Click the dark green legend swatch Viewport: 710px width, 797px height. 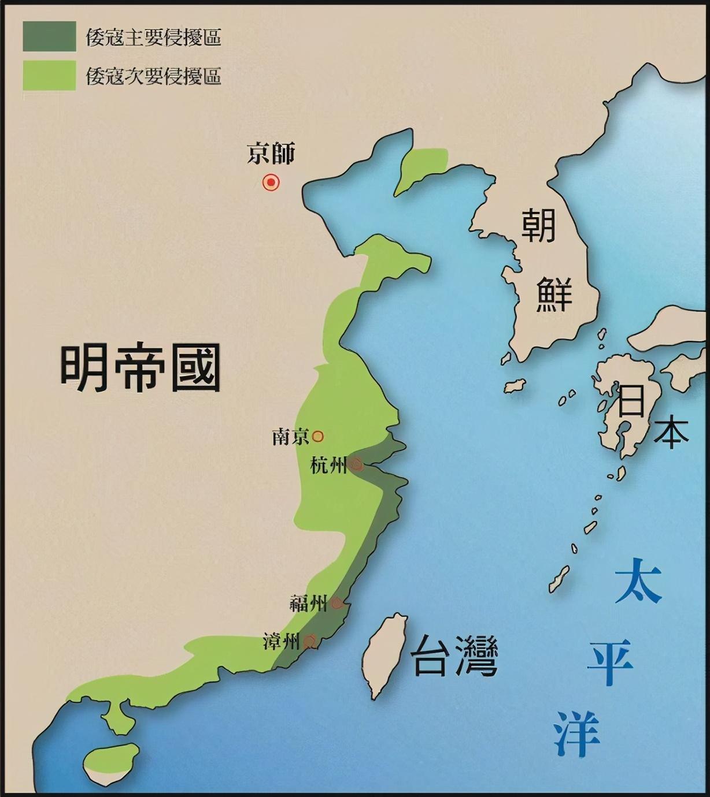coord(49,36)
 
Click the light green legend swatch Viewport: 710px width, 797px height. coord(49,75)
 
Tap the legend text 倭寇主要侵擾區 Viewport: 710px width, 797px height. coord(153,38)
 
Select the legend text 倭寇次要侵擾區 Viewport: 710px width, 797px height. coord(153,76)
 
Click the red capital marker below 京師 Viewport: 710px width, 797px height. coord(271,183)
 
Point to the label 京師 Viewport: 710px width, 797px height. coord(271,154)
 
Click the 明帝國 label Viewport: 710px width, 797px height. coord(140,368)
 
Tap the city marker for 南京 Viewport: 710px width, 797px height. coord(318,436)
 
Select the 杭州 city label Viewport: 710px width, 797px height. coord(328,465)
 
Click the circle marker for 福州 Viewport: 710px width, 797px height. coord(338,604)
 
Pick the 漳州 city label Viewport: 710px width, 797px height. coord(282,641)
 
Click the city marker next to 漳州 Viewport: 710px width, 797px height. coord(310,640)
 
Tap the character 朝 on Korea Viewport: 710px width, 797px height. coord(538,226)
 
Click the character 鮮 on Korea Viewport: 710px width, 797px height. coord(554,295)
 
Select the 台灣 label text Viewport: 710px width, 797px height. coord(454,656)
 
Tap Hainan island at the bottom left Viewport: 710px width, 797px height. coord(111,761)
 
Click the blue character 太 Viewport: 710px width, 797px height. coord(638,580)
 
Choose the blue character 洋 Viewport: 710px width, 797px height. coord(577,733)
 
